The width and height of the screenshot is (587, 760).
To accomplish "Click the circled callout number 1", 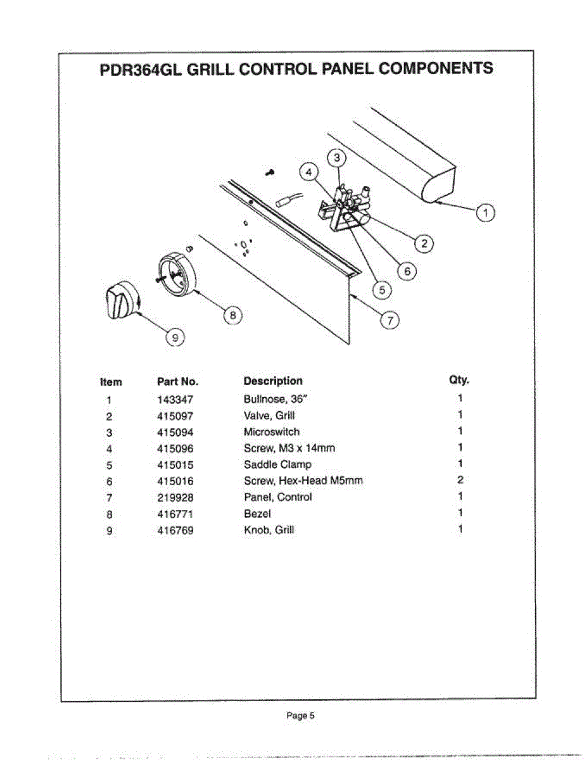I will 486,213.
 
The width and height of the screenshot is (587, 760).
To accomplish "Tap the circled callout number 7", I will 390,320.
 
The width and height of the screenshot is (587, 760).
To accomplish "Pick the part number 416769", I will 175,530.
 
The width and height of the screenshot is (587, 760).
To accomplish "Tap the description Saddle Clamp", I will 277,464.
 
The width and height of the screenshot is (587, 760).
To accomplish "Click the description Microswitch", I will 272,432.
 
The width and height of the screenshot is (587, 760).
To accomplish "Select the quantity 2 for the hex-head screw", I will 460,480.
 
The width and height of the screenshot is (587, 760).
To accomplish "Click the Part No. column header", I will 177,381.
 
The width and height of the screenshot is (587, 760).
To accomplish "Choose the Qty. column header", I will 459,380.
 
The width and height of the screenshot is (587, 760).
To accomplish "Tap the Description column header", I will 273,381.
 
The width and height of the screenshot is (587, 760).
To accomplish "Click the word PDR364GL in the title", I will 138,69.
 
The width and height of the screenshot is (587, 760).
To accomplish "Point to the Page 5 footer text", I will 300,716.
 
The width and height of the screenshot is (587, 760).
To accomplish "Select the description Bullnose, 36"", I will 275,400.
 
